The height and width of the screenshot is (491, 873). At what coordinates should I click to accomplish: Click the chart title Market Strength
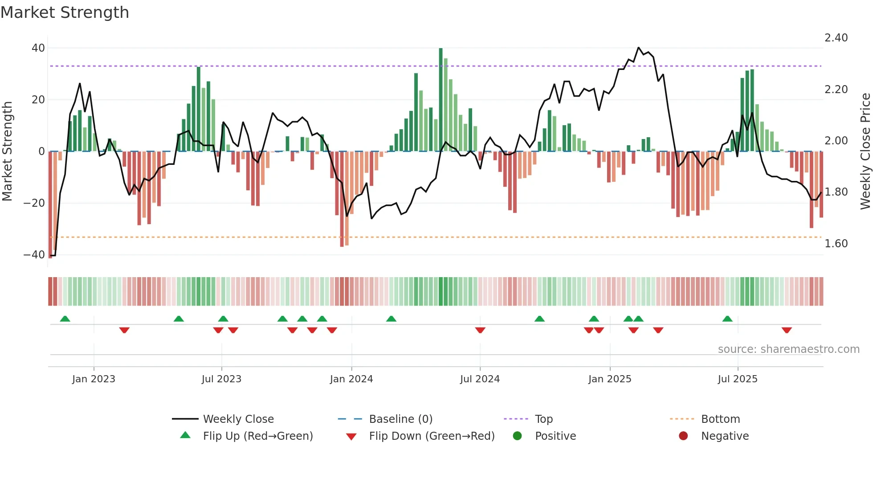(65, 12)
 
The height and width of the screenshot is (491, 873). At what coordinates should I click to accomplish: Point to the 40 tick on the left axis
(38, 48)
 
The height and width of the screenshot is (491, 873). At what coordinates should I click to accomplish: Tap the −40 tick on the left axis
(34, 255)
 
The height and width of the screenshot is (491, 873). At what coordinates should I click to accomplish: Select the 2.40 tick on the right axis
(836, 38)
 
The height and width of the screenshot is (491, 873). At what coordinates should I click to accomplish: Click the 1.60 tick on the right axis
(836, 244)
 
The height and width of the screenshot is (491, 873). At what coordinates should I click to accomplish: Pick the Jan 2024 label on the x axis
(351, 379)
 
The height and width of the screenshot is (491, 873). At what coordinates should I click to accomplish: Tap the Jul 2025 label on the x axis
(738, 379)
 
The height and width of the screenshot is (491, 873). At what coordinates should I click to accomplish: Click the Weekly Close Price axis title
(865, 151)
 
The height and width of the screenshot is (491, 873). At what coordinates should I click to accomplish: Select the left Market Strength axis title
(8, 151)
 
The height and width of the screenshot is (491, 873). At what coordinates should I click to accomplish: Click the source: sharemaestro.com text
(788, 349)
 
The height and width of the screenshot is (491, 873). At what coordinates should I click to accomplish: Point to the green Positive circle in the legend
(517, 436)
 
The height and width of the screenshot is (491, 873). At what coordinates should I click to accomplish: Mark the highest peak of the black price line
(638, 48)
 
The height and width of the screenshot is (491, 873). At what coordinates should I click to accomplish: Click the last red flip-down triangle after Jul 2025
(787, 330)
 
